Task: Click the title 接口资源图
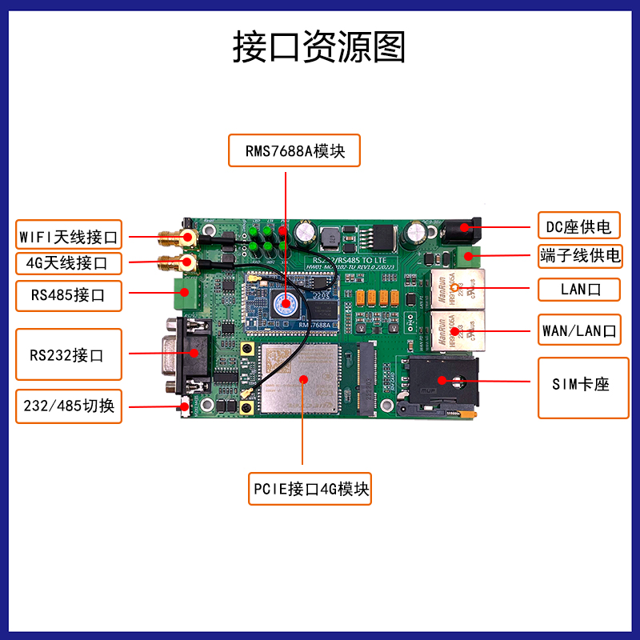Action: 319,47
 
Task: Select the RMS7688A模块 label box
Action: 294,150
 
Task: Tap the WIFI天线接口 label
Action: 69,237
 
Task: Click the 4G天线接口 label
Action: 69,262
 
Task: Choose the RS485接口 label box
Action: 69,295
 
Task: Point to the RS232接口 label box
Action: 69,354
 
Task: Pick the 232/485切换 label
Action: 69,406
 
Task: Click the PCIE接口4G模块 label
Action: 310,488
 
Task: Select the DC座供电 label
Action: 578,227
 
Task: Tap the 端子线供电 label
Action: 578,256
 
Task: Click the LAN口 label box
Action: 578,289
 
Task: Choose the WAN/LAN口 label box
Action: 578,329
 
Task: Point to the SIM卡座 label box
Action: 578,384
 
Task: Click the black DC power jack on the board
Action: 461,231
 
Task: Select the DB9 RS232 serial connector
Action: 185,353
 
